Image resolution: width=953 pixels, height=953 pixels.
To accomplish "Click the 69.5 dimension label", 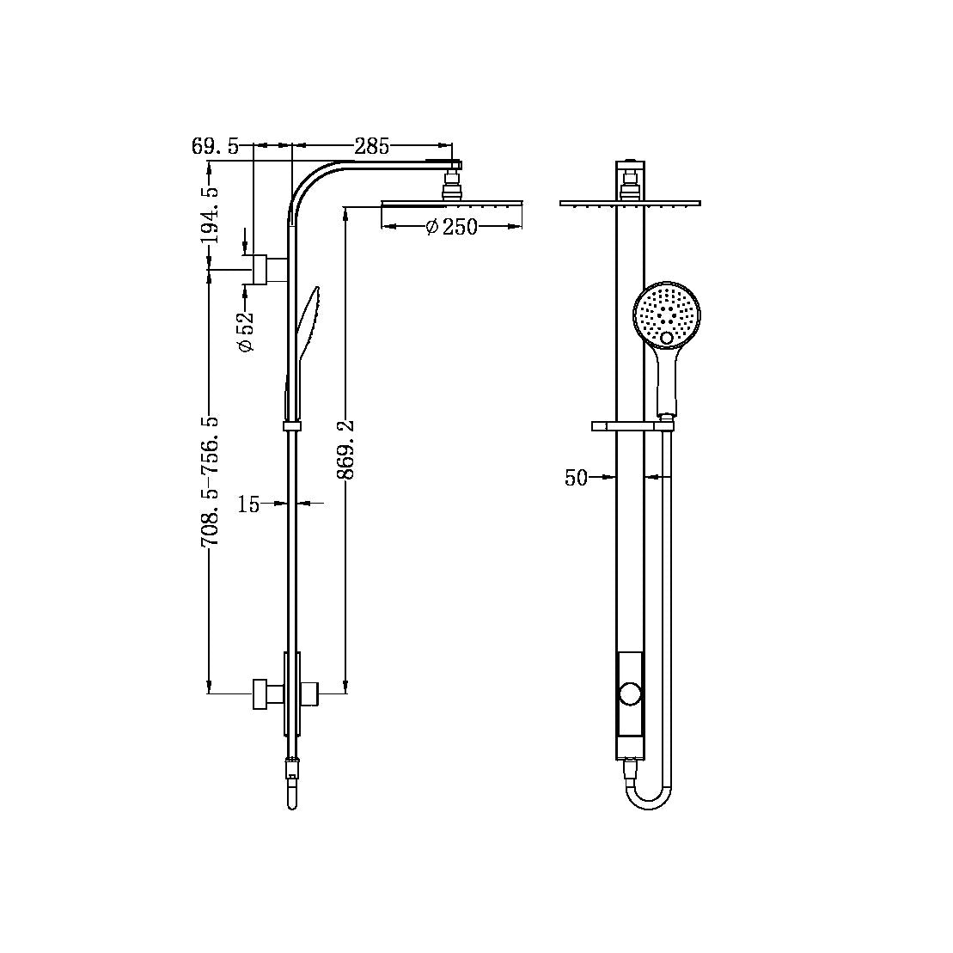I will [216, 146].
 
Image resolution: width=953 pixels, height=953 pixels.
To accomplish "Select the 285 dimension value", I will [371, 146].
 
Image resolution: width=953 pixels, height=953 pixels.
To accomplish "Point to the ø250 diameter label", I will [451, 227].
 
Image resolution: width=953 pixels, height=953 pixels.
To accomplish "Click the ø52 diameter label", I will [247, 331].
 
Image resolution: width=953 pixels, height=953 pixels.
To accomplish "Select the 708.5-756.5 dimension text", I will [209, 481].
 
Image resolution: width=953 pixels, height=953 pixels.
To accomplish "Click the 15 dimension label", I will [248, 504].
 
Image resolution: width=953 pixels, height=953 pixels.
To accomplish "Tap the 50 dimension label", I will [576, 478].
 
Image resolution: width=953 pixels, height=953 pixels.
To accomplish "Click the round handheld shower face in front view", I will [668, 314].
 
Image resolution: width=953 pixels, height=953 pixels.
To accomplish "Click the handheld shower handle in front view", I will [668, 382].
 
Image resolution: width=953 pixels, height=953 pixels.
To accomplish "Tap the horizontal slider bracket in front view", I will [632, 425].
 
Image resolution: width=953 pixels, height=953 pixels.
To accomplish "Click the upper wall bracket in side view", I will [267, 270].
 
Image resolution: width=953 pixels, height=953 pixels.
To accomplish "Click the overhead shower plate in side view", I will [451, 204].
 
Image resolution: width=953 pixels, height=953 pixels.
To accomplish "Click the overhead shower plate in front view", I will [630, 204].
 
